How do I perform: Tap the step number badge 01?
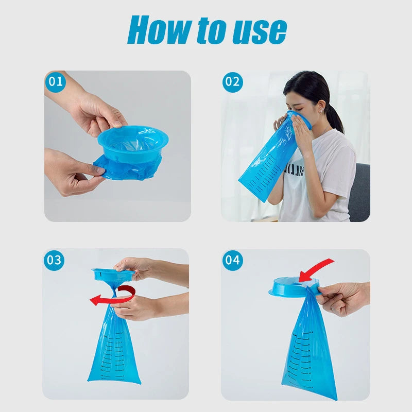pos(55,82)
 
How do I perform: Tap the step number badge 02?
pos(232,82)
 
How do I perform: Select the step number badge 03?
pos(54,260)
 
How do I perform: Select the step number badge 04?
pos(232,260)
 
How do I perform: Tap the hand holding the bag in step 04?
pos(342,297)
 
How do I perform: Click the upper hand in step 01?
pos(95,111)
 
